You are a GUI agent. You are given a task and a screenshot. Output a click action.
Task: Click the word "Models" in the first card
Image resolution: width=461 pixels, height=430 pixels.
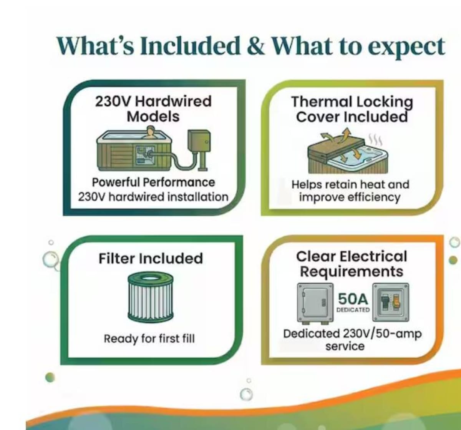click(153, 116)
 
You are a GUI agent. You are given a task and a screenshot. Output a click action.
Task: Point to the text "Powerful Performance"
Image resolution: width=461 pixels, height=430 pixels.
click(153, 183)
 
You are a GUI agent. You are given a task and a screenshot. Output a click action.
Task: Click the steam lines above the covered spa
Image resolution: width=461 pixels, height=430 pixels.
click(376, 141)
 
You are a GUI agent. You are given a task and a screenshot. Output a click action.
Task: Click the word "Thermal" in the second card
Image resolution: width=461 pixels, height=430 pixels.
click(322, 102)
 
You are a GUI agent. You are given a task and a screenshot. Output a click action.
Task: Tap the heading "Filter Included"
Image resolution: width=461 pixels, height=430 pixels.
click(151, 259)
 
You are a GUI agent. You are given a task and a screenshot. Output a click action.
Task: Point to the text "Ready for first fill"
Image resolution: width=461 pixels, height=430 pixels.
click(149, 339)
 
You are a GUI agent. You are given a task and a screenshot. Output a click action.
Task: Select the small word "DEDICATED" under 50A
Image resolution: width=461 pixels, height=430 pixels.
click(353, 310)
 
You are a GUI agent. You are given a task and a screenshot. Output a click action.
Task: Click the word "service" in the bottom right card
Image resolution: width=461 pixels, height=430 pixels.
click(345, 347)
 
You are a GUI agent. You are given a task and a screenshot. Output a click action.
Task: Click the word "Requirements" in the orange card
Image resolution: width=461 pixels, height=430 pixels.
click(352, 271)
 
